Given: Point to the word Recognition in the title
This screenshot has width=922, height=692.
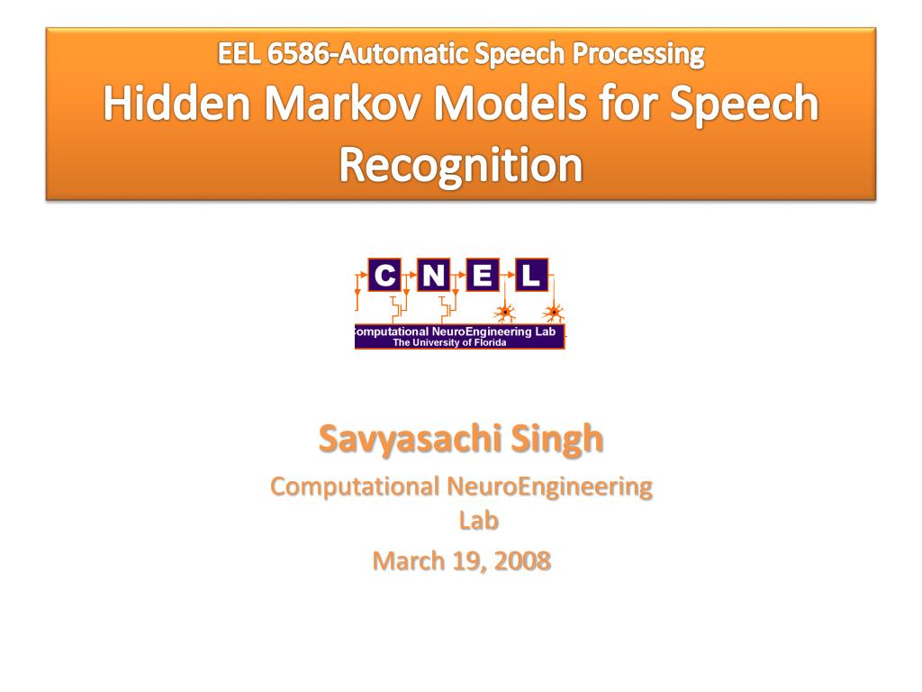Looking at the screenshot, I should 460,165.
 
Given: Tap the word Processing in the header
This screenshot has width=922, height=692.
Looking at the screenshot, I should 640,54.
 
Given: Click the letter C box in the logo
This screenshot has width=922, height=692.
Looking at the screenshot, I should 384,275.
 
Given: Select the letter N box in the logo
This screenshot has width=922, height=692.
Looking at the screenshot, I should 434,275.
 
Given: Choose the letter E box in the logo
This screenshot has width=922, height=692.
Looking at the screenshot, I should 483,275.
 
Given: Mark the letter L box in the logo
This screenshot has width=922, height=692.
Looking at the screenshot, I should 531,275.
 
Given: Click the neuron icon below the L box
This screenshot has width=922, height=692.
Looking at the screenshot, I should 555,313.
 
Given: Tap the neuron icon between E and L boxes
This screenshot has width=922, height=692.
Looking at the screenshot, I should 506,313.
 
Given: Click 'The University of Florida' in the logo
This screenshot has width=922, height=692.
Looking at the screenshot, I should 449,342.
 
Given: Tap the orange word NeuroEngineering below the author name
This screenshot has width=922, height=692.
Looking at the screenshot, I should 549,487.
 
